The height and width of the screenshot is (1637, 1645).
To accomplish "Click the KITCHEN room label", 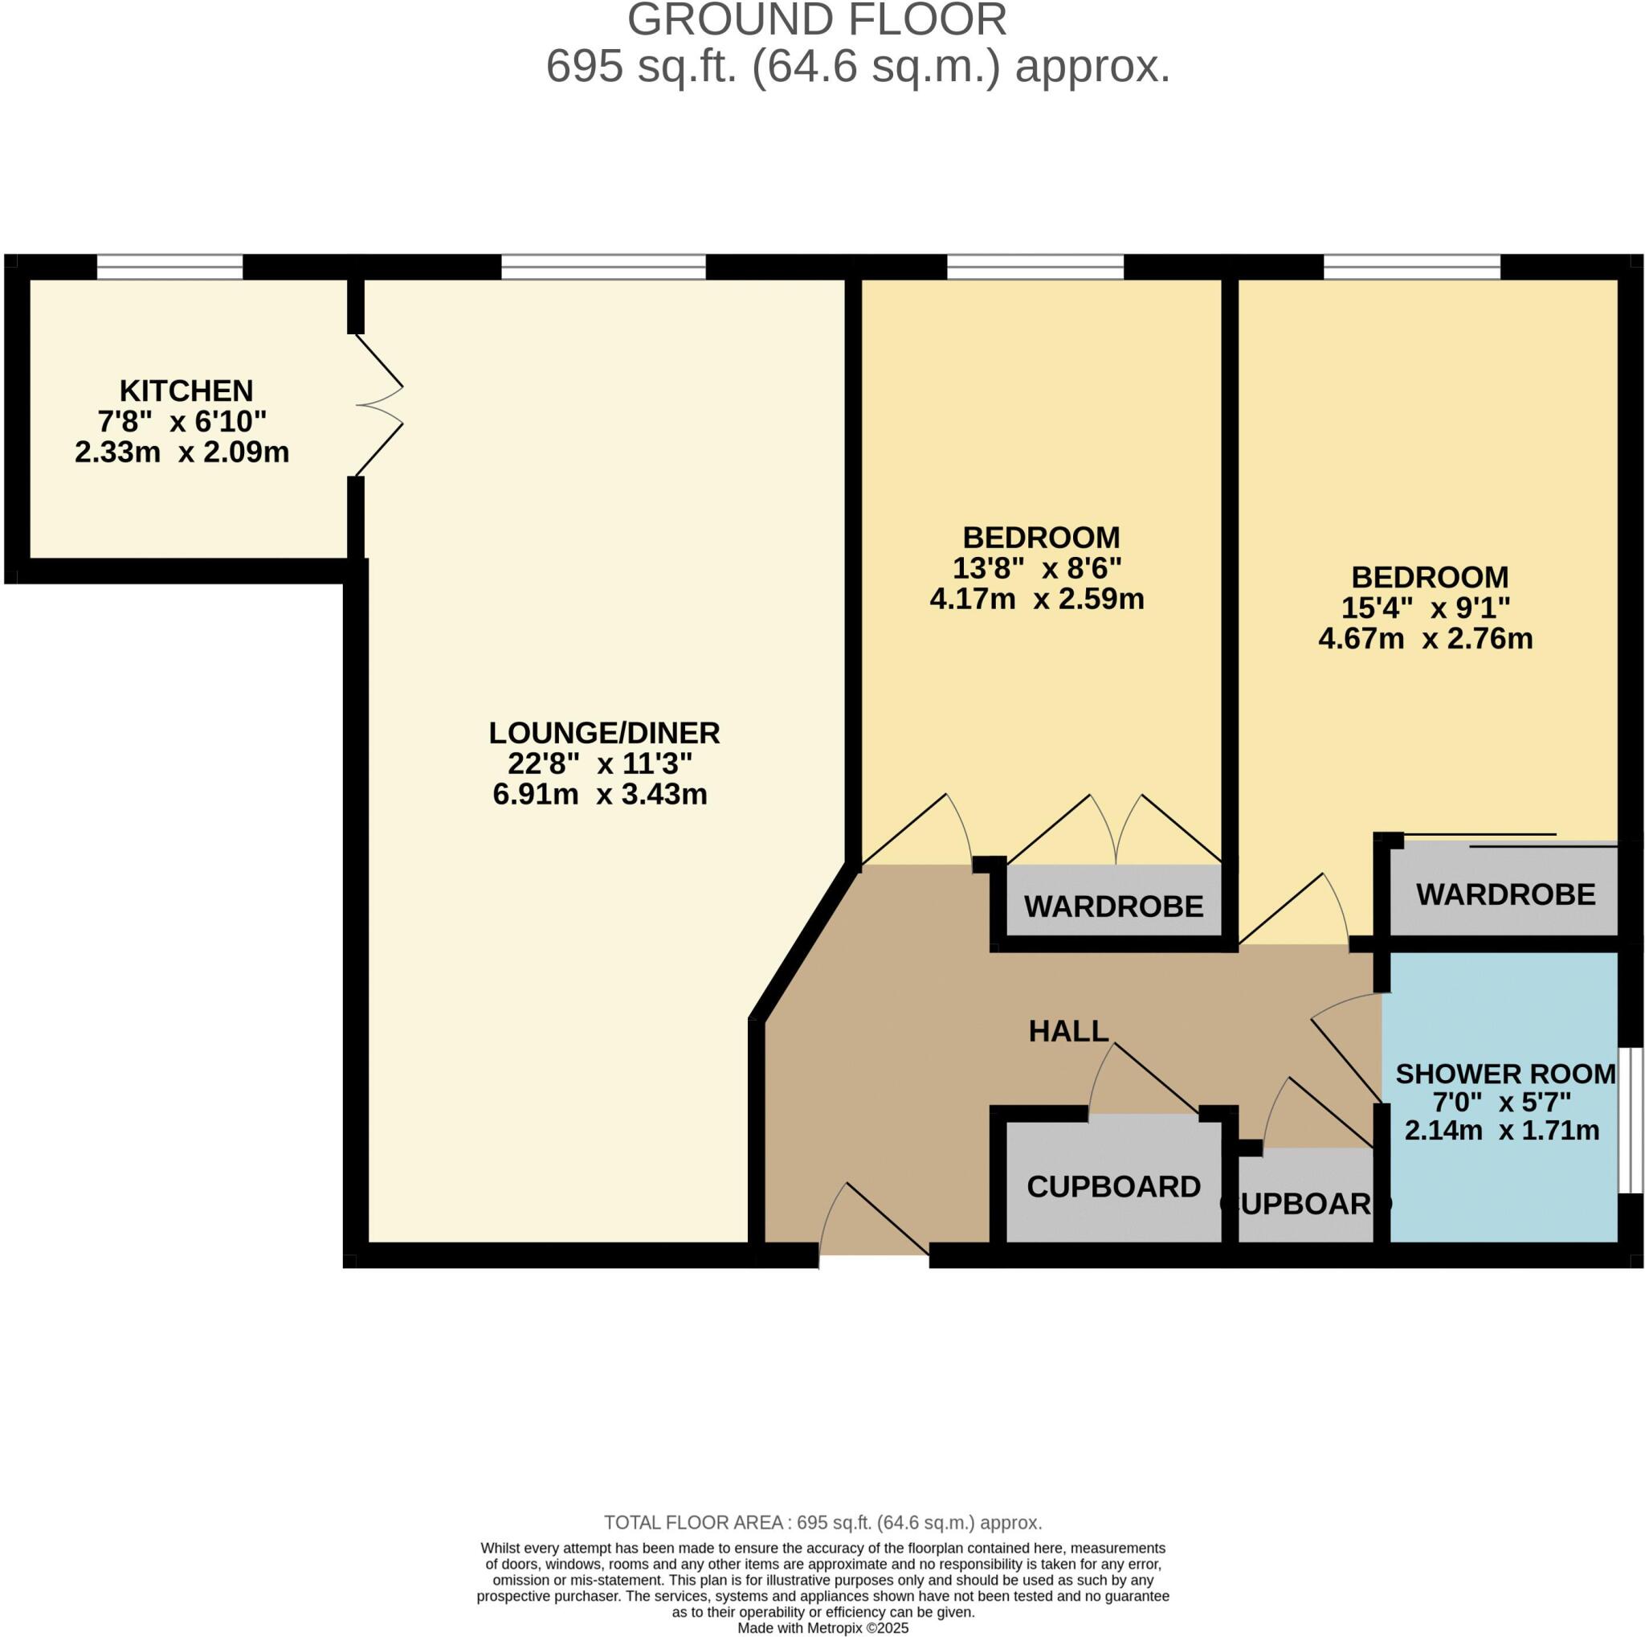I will [x=186, y=391].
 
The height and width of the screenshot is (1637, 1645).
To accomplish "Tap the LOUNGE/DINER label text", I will [x=604, y=732].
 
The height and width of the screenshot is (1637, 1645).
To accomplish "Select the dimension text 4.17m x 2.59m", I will [x=1036, y=599].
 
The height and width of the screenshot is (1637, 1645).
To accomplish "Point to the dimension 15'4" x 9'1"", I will [x=1426, y=608].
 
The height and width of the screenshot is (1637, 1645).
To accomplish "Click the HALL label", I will [x=1067, y=1031].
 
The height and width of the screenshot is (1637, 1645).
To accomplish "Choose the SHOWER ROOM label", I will [x=1504, y=1074].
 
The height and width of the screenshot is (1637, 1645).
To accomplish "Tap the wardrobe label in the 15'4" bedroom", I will [x=1505, y=894].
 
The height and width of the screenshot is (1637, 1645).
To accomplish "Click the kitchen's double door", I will [x=379, y=405].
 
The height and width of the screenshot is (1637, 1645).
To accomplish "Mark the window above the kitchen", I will [x=169, y=267].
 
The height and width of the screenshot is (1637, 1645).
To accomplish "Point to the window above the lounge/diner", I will [x=603, y=267].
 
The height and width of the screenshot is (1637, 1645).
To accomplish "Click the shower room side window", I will [x=1630, y=1120].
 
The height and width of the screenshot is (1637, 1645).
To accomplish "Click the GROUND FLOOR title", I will [x=817, y=20].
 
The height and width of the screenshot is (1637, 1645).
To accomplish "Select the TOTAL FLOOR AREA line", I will [x=822, y=1523].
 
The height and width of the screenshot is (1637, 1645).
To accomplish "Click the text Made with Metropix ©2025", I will [x=822, y=1628].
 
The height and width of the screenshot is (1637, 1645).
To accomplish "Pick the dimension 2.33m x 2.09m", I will [x=182, y=452].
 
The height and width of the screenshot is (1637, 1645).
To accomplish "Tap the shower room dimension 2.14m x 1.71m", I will [x=1501, y=1131].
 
